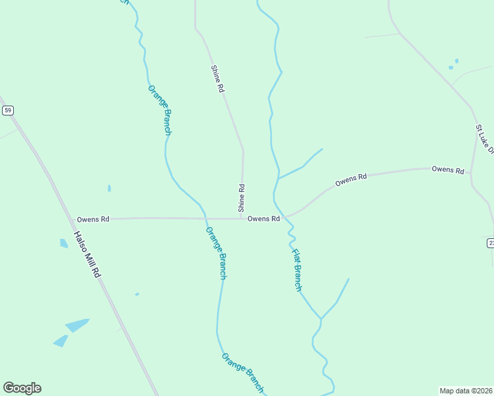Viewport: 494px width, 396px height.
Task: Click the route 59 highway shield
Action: pos(7,110)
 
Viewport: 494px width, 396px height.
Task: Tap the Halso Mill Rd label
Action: pos(87,253)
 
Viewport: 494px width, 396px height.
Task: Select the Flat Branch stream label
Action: pos(297,269)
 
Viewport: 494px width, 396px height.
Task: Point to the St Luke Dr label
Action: pos(484,139)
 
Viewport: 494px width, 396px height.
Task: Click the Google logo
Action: pos(22,388)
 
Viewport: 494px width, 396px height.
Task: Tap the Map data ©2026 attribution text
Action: pos(466,390)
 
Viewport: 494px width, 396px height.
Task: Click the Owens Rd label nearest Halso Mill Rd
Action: pos(93,219)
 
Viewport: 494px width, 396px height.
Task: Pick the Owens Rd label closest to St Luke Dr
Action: pos(448,170)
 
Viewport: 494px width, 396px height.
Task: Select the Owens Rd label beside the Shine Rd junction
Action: pos(264,218)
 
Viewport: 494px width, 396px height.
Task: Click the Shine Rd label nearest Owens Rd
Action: pos(242,197)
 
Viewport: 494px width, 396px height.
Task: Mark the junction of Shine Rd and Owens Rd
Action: pos(242,218)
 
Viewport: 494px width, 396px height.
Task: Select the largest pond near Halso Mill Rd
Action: pos(77,325)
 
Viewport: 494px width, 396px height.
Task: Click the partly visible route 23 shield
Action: pos(490,244)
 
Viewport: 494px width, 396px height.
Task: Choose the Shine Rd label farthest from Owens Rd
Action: pos(217,78)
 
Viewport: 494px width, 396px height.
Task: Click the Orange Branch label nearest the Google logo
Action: pos(242,374)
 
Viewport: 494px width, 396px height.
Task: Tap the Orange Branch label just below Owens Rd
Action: pos(216,253)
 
